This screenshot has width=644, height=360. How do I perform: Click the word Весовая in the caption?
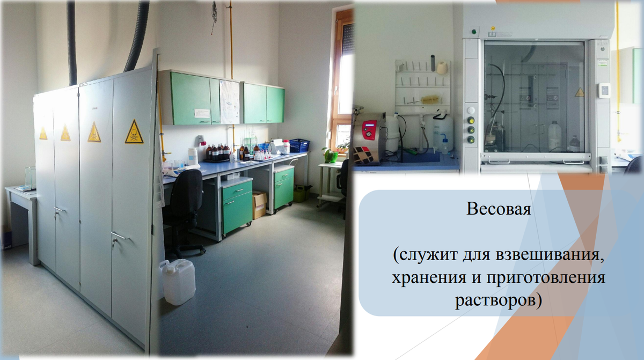(499, 209)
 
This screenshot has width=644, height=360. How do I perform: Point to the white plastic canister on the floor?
(179, 282)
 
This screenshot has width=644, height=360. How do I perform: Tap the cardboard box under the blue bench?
(259, 204)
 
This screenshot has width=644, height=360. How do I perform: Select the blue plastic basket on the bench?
(299, 145)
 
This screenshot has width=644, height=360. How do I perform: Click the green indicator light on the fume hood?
(473, 31)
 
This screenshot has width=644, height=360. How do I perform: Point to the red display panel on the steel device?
(369, 130)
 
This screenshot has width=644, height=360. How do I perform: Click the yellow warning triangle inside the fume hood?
(580, 92)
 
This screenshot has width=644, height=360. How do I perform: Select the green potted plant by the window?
(331, 155)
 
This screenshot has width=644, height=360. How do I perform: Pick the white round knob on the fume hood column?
(471, 111)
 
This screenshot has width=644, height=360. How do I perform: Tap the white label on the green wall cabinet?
(202, 113)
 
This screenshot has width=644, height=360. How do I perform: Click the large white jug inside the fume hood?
(554, 136)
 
